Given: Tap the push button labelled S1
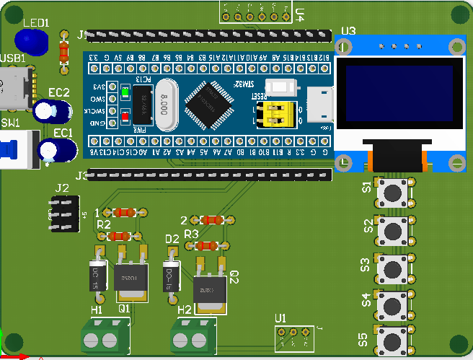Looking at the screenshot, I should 392,192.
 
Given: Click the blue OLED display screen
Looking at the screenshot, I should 399,97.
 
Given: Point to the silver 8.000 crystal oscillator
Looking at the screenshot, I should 166,104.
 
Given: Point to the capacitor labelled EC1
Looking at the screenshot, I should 56,149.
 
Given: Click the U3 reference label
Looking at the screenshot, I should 348,30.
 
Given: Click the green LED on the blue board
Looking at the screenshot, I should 125,93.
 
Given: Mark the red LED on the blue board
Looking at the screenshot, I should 125,115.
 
